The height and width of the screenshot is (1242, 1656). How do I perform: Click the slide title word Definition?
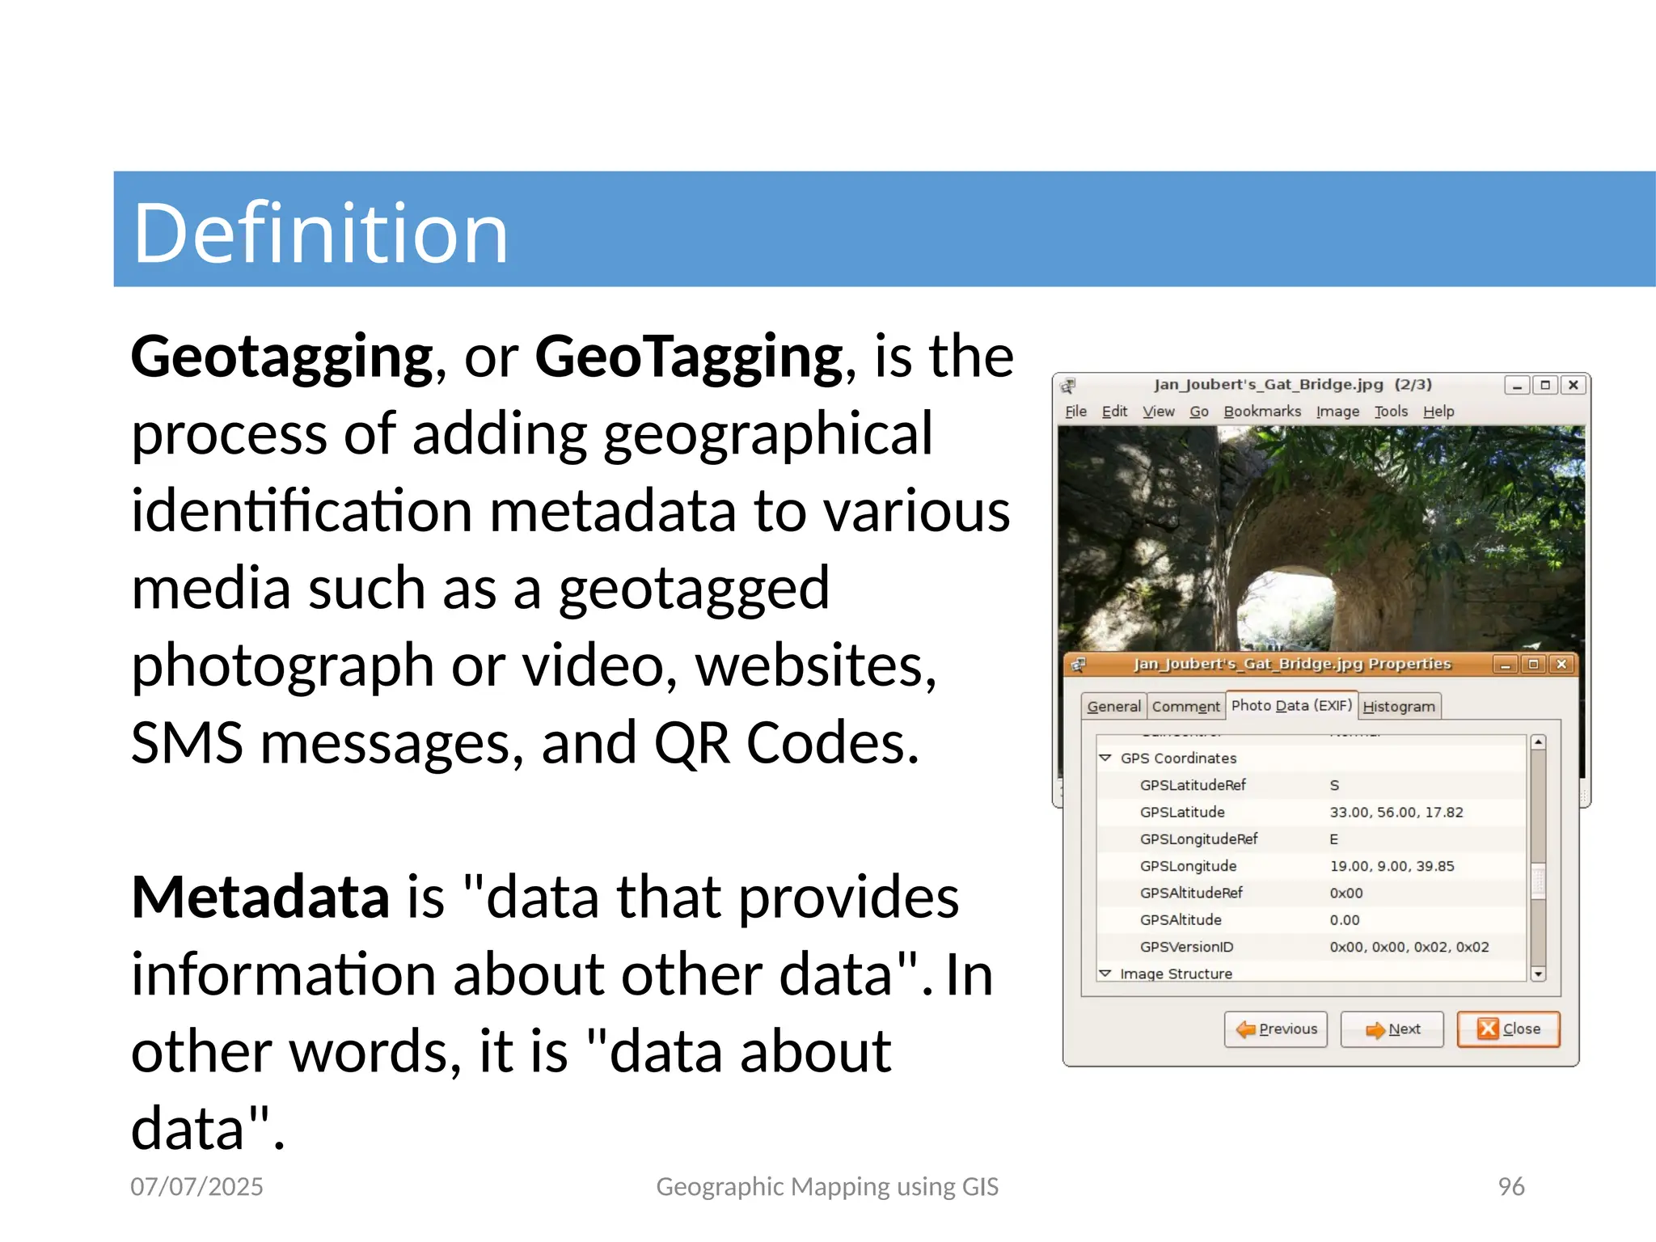(x=320, y=233)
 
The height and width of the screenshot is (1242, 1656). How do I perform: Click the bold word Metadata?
(x=260, y=898)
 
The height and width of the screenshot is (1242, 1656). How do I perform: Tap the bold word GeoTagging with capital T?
(x=689, y=357)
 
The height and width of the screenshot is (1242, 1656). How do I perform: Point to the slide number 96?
(x=1510, y=1186)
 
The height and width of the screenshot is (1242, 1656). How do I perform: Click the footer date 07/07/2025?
(x=196, y=1186)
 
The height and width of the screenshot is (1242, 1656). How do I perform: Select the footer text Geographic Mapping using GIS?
(x=827, y=1186)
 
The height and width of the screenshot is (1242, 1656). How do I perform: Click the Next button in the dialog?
(x=1392, y=1029)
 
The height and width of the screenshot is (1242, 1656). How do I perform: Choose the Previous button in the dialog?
(x=1276, y=1029)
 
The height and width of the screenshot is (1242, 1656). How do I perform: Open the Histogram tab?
(x=1399, y=707)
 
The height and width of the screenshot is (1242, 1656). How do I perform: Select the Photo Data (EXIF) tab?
(x=1291, y=705)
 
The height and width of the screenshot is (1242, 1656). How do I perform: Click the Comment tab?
(x=1185, y=707)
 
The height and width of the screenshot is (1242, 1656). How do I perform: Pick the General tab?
(x=1113, y=707)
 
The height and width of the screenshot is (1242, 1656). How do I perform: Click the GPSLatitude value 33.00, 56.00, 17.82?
(x=1396, y=812)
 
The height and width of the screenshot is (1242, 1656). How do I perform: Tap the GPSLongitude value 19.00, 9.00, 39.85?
(x=1392, y=866)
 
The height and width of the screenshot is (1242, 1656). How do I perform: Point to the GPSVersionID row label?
(x=1186, y=947)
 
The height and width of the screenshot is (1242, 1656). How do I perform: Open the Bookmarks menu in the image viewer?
(x=1262, y=412)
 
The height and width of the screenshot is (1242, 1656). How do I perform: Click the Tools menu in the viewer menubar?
(x=1391, y=412)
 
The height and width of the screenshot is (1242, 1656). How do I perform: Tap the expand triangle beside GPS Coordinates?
(x=1105, y=758)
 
